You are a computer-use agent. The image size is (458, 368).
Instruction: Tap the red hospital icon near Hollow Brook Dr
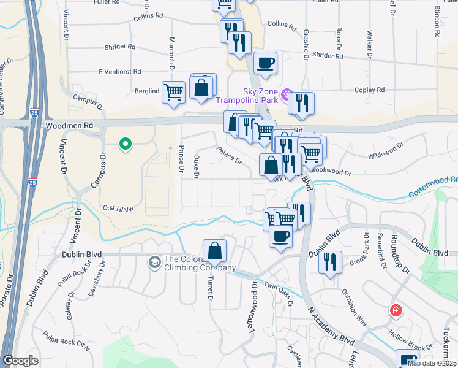point(396,310)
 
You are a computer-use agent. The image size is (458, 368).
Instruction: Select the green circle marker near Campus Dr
point(126,145)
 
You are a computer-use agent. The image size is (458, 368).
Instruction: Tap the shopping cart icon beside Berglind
point(174,92)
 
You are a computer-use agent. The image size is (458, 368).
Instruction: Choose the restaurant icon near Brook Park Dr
point(330,262)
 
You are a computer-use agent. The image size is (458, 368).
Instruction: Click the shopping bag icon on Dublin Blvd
point(214,251)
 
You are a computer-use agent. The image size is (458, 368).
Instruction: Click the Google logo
point(20,361)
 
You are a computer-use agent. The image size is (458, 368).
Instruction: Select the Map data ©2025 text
point(432,363)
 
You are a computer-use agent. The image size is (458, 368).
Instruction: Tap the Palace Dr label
point(228,155)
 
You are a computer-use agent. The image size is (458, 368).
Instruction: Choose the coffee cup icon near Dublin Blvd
point(280,236)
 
